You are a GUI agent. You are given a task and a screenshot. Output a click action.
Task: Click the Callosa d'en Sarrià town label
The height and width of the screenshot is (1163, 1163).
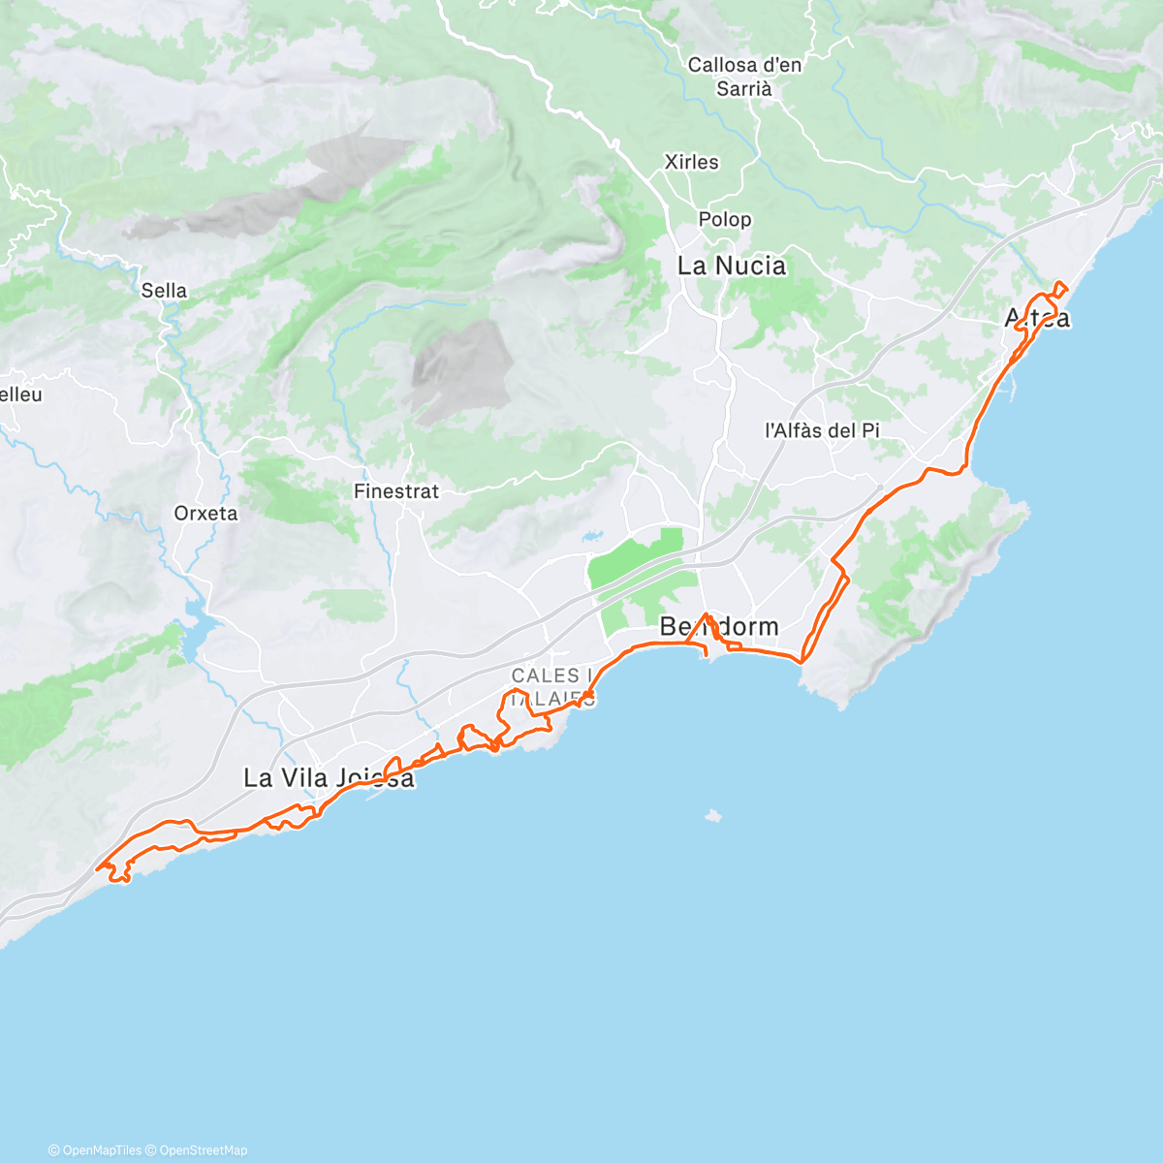tap(744, 77)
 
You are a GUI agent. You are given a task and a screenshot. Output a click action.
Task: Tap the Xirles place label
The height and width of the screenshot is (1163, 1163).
tap(692, 162)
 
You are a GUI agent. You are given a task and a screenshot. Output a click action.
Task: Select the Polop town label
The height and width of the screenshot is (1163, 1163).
tap(725, 219)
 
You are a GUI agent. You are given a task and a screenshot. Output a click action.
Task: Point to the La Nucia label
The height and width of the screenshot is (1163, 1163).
tap(732, 266)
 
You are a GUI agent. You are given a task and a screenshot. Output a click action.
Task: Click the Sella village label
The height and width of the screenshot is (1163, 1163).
tap(164, 290)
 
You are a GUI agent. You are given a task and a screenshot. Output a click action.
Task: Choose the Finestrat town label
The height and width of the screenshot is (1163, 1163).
tap(396, 491)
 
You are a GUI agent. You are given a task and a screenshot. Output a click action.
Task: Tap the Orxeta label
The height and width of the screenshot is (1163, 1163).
tap(205, 513)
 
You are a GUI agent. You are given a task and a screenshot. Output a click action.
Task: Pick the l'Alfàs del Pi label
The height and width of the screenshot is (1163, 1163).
tap(822, 429)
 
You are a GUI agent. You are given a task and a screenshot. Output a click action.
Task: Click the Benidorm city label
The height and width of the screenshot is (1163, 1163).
tap(719, 627)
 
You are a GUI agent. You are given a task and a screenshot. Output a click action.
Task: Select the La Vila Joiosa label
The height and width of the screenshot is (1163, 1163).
tap(329, 777)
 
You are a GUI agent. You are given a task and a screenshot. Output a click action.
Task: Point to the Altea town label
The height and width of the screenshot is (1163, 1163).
tap(1037, 317)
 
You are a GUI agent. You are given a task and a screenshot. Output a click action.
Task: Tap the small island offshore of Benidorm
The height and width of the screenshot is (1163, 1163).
tap(712, 815)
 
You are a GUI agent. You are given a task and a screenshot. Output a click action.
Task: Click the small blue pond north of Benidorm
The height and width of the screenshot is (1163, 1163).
tap(590, 534)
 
